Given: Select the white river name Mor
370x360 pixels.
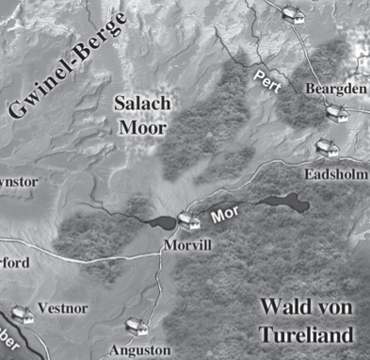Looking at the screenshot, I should (x=223, y=215).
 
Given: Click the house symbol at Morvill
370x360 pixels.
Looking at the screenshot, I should (x=188, y=221).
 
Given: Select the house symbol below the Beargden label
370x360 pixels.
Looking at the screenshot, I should (x=336, y=111).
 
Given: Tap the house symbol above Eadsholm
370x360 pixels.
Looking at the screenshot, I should (x=326, y=147).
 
